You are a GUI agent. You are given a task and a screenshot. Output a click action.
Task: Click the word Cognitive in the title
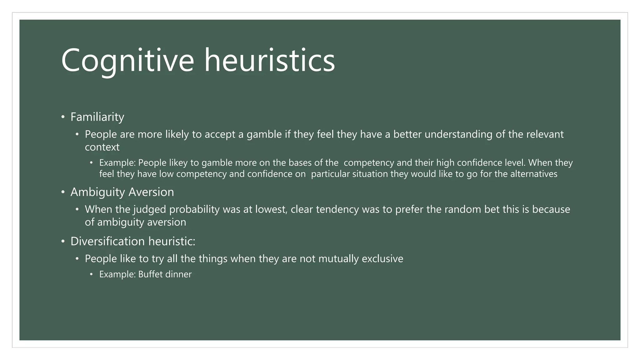coord(127,60)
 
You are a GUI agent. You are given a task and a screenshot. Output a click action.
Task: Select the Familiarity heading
coord(97,117)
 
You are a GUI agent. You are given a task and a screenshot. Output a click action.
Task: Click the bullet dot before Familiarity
coord(63,117)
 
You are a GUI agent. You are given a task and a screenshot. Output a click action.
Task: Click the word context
coord(102,147)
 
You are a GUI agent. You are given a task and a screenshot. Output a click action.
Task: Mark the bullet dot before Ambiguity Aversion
coord(63,192)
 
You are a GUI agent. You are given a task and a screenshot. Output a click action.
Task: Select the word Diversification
coord(107,242)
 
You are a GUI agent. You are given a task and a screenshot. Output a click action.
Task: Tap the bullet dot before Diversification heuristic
coord(63,242)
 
